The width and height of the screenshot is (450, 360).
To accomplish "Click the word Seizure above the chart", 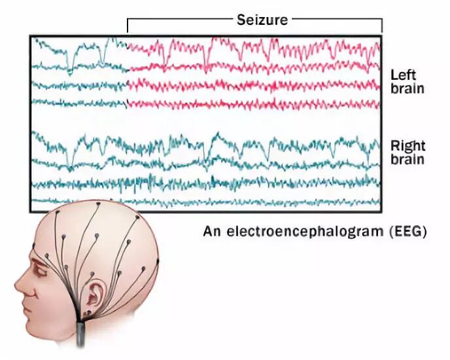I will pyautogui.click(x=262, y=20).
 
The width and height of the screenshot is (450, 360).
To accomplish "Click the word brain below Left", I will pyautogui.click(x=406, y=88).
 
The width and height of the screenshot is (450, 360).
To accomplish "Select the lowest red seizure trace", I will pyautogui.click(x=255, y=103).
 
